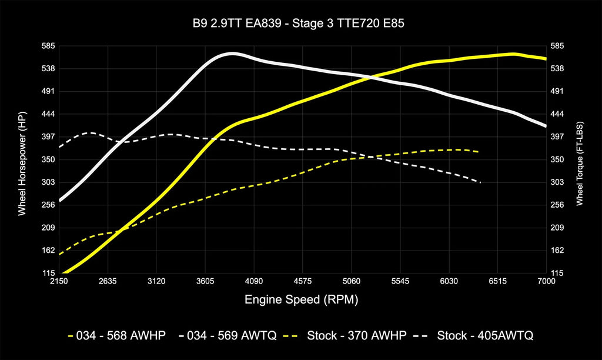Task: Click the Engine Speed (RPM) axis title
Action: pos(301,300)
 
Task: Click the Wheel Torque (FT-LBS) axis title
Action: pos(580,159)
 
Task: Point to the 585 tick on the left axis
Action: pos(48,46)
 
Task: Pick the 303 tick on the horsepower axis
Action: pos(48,182)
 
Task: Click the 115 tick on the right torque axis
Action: pos(557,274)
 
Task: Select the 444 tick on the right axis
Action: pos(557,114)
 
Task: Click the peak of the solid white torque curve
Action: pos(232,54)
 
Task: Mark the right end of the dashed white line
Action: pos(480,182)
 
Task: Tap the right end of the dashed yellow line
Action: pos(478,152)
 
